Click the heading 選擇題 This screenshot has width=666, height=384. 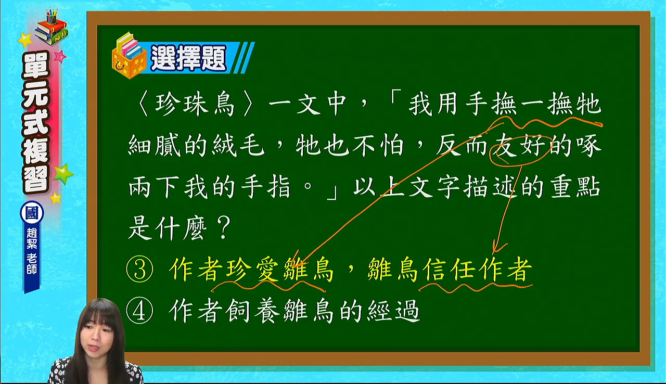click(x=188, y=58)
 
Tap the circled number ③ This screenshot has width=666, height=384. click(x=139, y=270)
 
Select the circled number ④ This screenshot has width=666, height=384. click(x=139, y=311)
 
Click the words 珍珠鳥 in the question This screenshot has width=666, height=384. click(x=195, y=105)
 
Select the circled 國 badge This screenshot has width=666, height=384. click(x=32, y=213)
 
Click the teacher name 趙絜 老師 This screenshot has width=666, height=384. click(x=32, y=251)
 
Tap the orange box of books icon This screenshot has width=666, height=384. click(x=129, y=56)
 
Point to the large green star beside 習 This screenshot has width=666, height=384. click(x=63, y=174)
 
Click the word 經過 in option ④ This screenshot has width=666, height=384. click(x=393, y=311)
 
